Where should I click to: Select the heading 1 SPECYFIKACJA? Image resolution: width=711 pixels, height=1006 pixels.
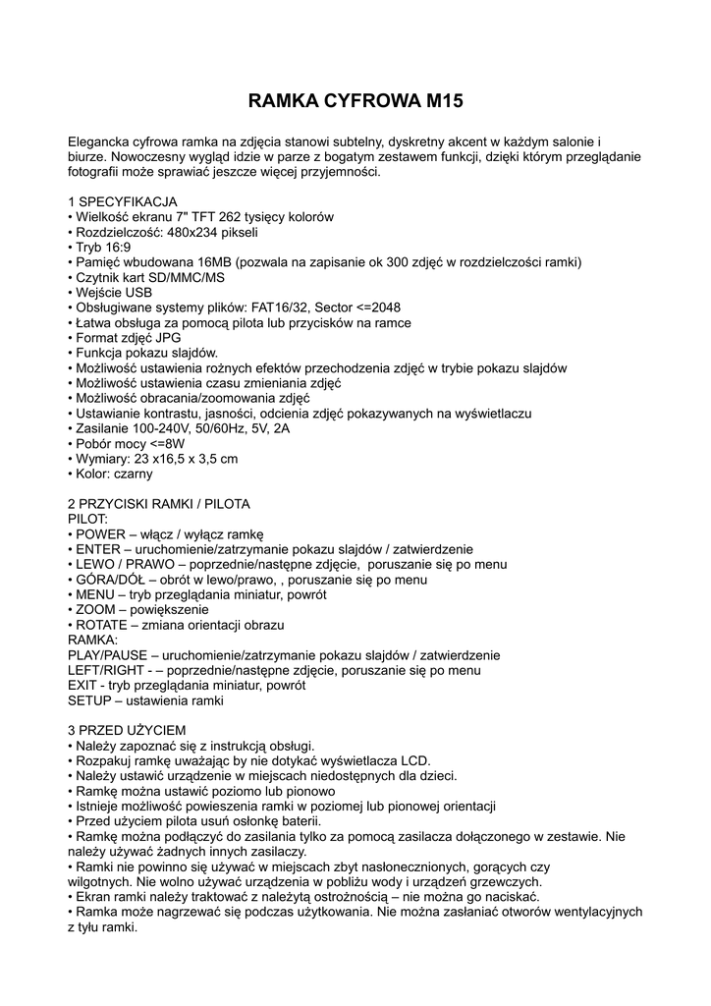[x=123, y=201]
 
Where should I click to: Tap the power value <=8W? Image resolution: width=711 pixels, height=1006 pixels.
[x=168, y=443]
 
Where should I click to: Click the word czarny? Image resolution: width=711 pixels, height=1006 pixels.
[x=132, y=474]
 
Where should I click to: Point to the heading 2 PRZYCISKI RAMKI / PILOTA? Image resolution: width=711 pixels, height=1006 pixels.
[x=159, y=504]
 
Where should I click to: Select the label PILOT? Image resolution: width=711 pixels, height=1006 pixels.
[x=88, y=518]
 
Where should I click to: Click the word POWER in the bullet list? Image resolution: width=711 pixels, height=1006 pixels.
[x=101, y=533]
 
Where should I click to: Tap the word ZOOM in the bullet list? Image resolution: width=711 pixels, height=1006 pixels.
[x=96, y=609]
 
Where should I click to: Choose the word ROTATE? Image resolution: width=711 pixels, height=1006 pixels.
[x=103, y=625]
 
